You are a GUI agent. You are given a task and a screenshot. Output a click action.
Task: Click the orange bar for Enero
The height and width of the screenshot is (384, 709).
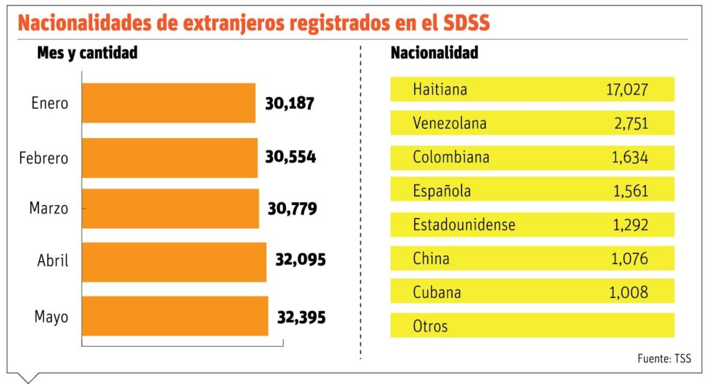tap(168, 103)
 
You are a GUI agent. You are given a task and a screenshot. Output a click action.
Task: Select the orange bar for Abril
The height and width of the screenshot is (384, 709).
tap(174, 261)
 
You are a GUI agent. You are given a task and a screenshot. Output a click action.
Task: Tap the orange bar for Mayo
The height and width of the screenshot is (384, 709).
tap(174, 317)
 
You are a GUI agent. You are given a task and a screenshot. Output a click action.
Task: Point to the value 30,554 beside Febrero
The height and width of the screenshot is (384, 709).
tap(290, 157)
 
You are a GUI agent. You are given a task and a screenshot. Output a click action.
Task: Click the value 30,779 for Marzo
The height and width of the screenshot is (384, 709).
tap(291, 208)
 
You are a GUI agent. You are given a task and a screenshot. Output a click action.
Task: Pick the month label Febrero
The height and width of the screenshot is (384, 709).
tap(44, 158)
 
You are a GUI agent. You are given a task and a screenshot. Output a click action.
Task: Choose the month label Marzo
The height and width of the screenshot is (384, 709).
tap(48, 207)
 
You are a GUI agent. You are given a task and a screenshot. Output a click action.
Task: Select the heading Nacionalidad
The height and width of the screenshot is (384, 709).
tap(434, 53)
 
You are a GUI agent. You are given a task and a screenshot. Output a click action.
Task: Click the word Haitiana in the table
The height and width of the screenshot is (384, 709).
tap(440, 89)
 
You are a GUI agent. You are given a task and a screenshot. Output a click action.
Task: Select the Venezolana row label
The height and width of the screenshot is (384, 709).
tap(449, 123)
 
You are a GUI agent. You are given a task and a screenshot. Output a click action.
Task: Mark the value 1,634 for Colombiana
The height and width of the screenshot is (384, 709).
tap(629, 157)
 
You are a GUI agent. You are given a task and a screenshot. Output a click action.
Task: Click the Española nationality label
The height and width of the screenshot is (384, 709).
tap(441, 191)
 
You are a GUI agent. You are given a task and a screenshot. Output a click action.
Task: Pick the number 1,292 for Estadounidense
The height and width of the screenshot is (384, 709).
tap(629, 225)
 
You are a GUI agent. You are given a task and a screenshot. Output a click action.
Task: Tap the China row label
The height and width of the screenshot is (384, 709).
tap(431, 259)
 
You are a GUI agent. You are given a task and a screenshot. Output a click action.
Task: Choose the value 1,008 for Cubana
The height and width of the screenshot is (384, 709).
tap(629, 292)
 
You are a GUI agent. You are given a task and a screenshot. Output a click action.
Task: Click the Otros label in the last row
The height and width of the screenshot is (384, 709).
tap(430, 326)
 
